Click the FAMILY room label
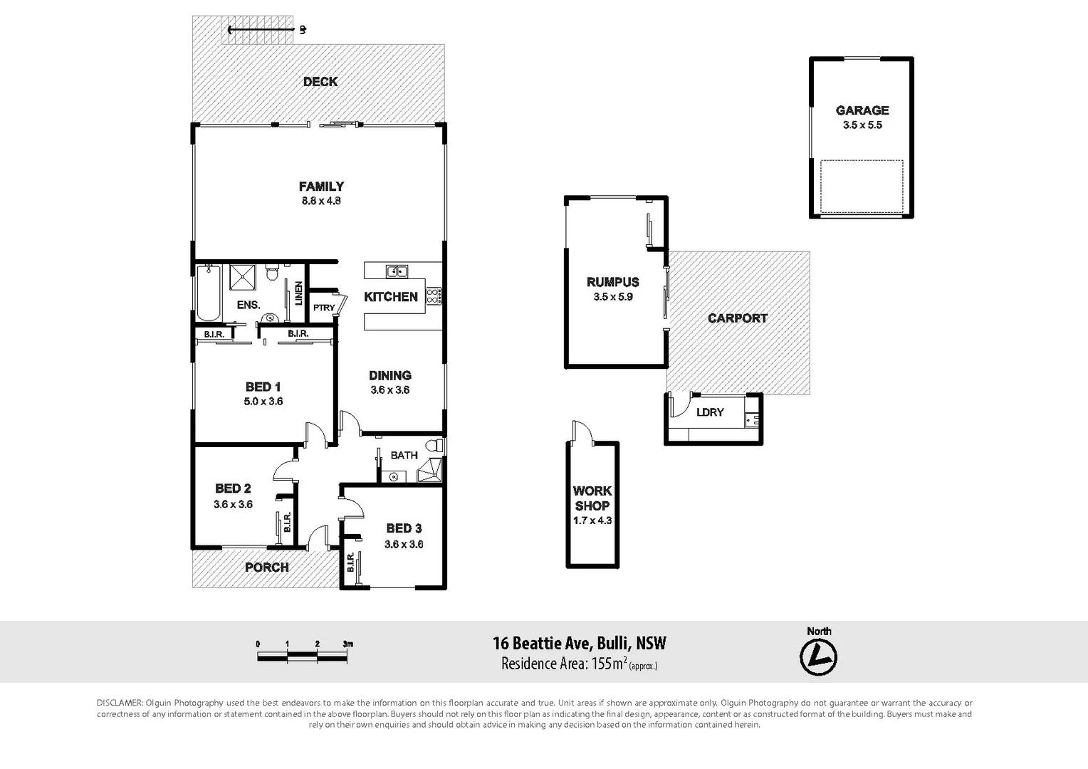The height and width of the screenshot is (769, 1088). coord(321,187)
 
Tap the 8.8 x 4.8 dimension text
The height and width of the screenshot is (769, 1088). coord(321,201)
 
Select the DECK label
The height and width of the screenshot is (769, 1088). coord(320,82)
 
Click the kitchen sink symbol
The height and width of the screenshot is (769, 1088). coord(397,271)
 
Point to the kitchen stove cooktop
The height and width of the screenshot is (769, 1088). coord(434,296)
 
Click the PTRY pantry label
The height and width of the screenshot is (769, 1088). coord(324,308)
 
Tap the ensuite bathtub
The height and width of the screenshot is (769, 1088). coord(209,293)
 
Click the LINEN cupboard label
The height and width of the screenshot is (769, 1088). coord(298,293)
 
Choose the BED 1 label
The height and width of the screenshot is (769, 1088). coord(263,387)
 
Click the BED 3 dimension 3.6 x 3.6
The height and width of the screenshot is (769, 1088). coord(404,544)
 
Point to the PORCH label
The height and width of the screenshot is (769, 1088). coord(267,567)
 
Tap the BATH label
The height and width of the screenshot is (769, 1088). coord(404,455)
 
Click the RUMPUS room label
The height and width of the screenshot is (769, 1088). coord(612,282)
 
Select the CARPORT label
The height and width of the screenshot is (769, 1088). coord(738,318)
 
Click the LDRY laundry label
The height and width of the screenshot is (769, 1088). coord(710,412)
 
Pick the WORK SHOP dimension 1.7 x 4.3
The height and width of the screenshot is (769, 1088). coord(592,520)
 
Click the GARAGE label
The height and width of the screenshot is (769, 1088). coord(862,110)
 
